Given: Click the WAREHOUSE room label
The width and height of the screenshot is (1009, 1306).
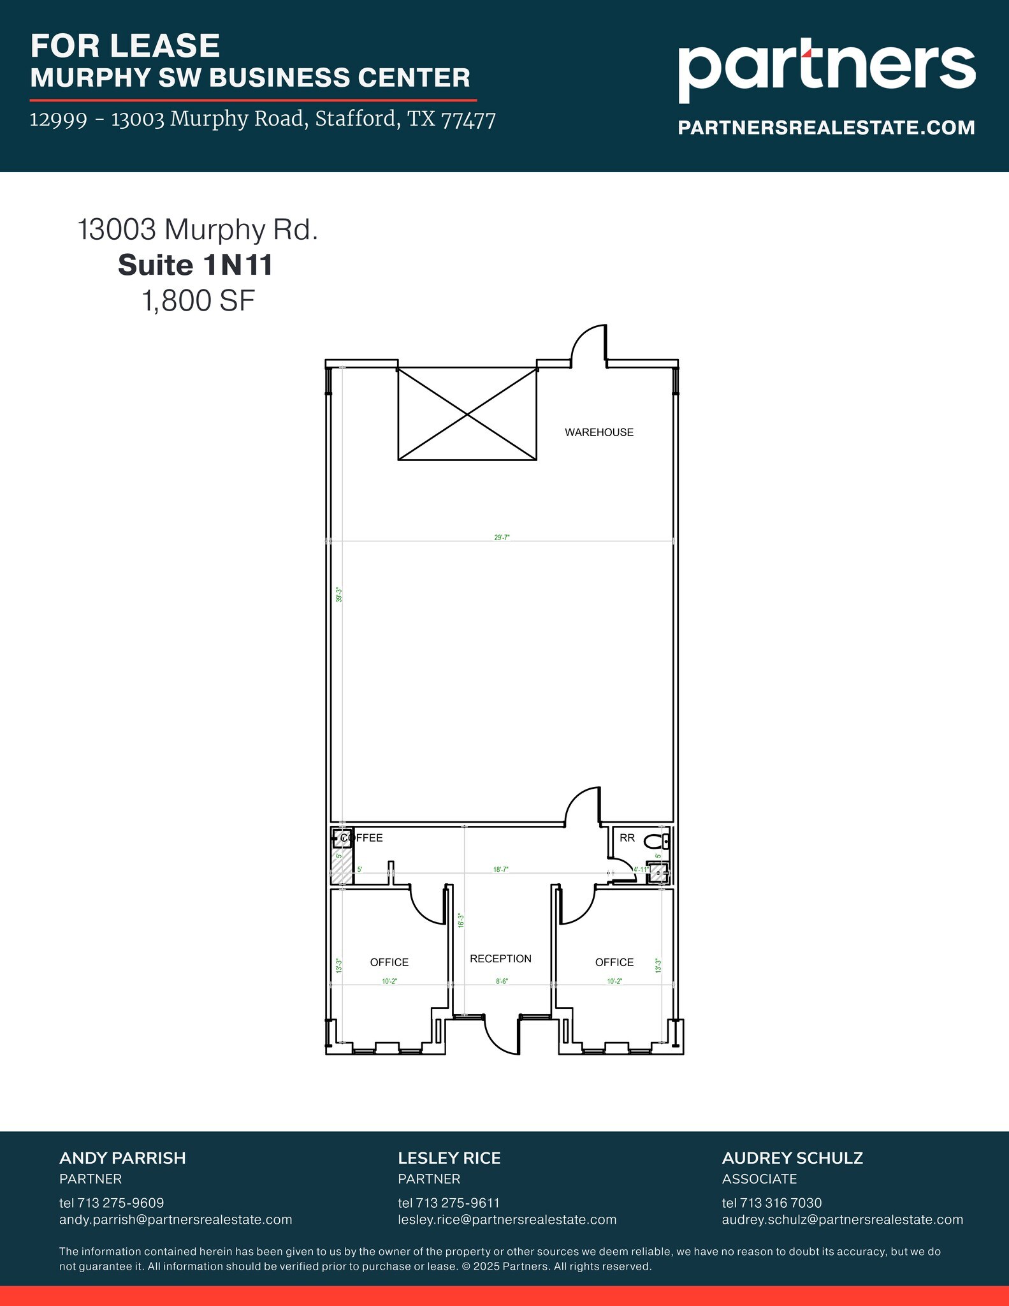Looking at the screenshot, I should click(x=599, y=432).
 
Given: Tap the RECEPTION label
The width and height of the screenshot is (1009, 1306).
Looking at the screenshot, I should click(x=500, y=958).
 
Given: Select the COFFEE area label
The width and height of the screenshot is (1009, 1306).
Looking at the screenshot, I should click(x=362, y=838).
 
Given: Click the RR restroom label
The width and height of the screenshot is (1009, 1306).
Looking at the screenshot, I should click(x=627, y=838).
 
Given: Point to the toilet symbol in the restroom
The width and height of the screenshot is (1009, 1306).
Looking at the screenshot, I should click(x=653, y=842).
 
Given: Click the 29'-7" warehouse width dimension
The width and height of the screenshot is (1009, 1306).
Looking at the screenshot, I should click(x=502, y=538).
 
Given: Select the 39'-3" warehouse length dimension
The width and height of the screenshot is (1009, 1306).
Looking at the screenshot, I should click(x=340, y=595).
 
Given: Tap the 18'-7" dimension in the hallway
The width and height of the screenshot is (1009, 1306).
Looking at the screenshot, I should click(x=500, y=869).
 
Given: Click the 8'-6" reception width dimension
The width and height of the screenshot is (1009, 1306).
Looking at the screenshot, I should click(x=502, y=981).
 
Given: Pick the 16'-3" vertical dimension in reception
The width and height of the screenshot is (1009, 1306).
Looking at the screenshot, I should click(x=461, y=920).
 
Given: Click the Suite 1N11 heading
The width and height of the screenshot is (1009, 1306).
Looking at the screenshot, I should click(x=195, y=265).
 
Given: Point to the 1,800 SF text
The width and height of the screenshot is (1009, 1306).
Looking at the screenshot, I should click(x=198, y=301).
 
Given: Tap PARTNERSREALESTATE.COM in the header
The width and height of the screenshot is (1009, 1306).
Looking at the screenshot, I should click(x=826, y=128).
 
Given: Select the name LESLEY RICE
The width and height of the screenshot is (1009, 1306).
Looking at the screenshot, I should click(x=449, y=1158).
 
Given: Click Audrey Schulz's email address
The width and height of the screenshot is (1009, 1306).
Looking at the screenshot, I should click(x=842, y=1220).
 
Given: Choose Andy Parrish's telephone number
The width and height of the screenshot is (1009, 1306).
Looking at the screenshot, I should click(x=112, y=1203).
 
